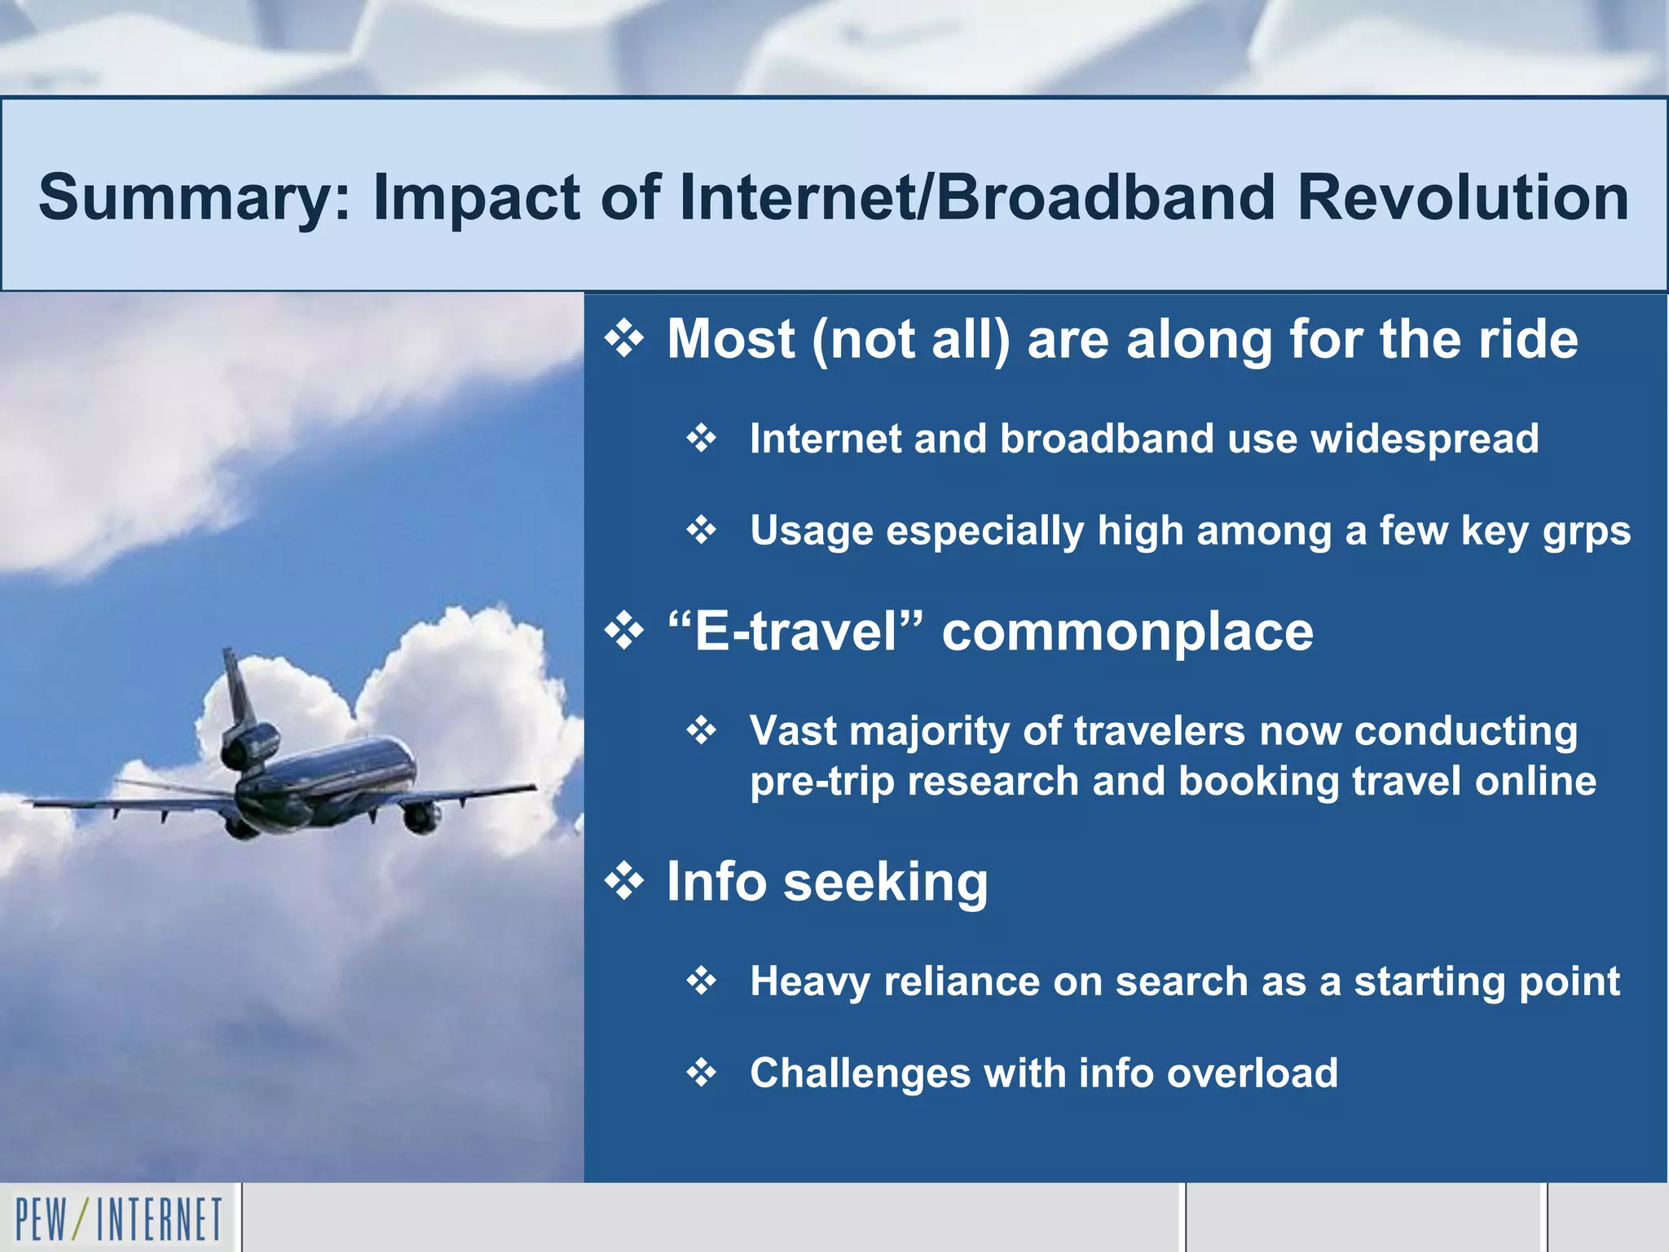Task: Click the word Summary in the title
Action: point(194,198)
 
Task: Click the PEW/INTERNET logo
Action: point(119,1219)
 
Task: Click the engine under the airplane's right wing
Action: point(421,817)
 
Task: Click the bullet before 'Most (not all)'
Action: point(624,339)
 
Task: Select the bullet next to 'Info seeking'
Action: point(624,882)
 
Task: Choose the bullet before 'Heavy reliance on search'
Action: point(701,981)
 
